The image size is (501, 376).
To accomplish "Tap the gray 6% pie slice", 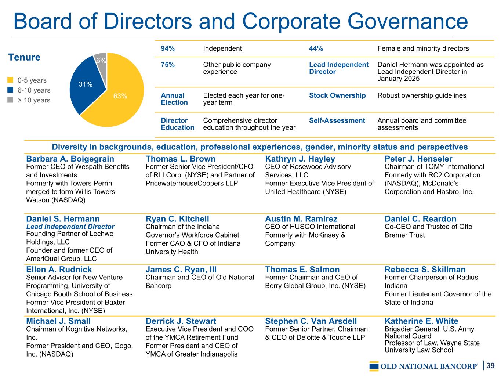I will [101, 60].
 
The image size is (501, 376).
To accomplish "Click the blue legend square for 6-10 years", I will [10, 90].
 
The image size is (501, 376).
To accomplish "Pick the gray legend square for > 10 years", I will [10, 100].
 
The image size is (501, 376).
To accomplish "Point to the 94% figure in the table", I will [168, 48].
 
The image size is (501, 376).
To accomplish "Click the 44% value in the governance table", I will [316, 48].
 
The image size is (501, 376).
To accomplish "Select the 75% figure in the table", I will [168, 65].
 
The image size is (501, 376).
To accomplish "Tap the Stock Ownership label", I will [337, 95].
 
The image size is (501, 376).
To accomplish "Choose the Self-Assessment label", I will [337, 120].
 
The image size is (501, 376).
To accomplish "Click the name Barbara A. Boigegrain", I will [70, 159].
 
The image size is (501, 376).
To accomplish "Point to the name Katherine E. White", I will [421, 321].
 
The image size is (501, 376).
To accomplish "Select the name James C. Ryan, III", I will [181, 270].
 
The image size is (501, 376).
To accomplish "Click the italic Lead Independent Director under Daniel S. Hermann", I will [70, 227].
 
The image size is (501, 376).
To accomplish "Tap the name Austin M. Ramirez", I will [301, 219].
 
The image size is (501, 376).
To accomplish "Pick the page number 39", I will [491, 365].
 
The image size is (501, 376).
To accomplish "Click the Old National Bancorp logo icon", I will [374, 366].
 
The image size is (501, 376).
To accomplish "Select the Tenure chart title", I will [24, 57].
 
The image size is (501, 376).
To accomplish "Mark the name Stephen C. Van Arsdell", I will [311, 321].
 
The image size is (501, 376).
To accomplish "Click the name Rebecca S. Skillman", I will [425, 270].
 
